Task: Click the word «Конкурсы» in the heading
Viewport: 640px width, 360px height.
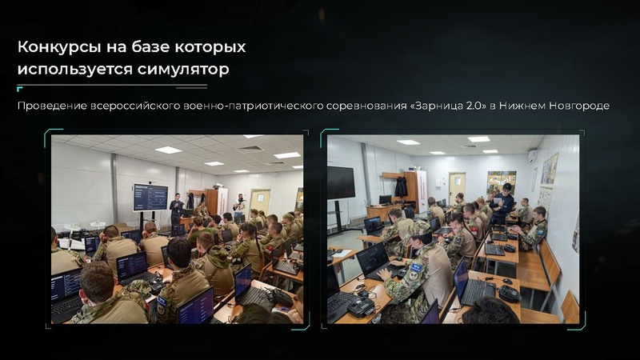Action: pos(54,47)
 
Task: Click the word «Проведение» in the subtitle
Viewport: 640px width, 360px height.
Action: pos(49,106)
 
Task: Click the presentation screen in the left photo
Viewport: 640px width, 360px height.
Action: pos(150,197)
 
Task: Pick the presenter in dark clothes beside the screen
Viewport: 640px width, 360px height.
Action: pos(175,210)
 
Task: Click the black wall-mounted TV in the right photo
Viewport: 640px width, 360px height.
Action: pos(341,183)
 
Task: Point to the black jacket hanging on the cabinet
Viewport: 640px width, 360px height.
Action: pos(401,186)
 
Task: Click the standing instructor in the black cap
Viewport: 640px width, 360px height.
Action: pos(503,202)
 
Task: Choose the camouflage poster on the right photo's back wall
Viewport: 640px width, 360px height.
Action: pos(502,180)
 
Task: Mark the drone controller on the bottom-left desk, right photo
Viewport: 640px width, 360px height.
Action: pos(361,306)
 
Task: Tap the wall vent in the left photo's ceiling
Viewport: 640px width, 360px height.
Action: pos(250,149)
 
